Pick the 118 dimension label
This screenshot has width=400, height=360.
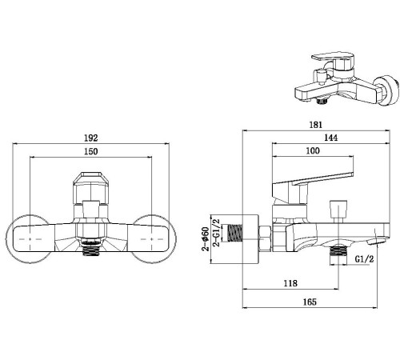tap(290, 283)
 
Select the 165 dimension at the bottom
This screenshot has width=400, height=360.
tap(310, 302)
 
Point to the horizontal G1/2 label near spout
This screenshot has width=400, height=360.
tap(364, 259)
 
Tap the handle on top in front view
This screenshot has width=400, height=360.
tap(90, 189)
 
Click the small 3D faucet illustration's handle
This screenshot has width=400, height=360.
tap(328, 61)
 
